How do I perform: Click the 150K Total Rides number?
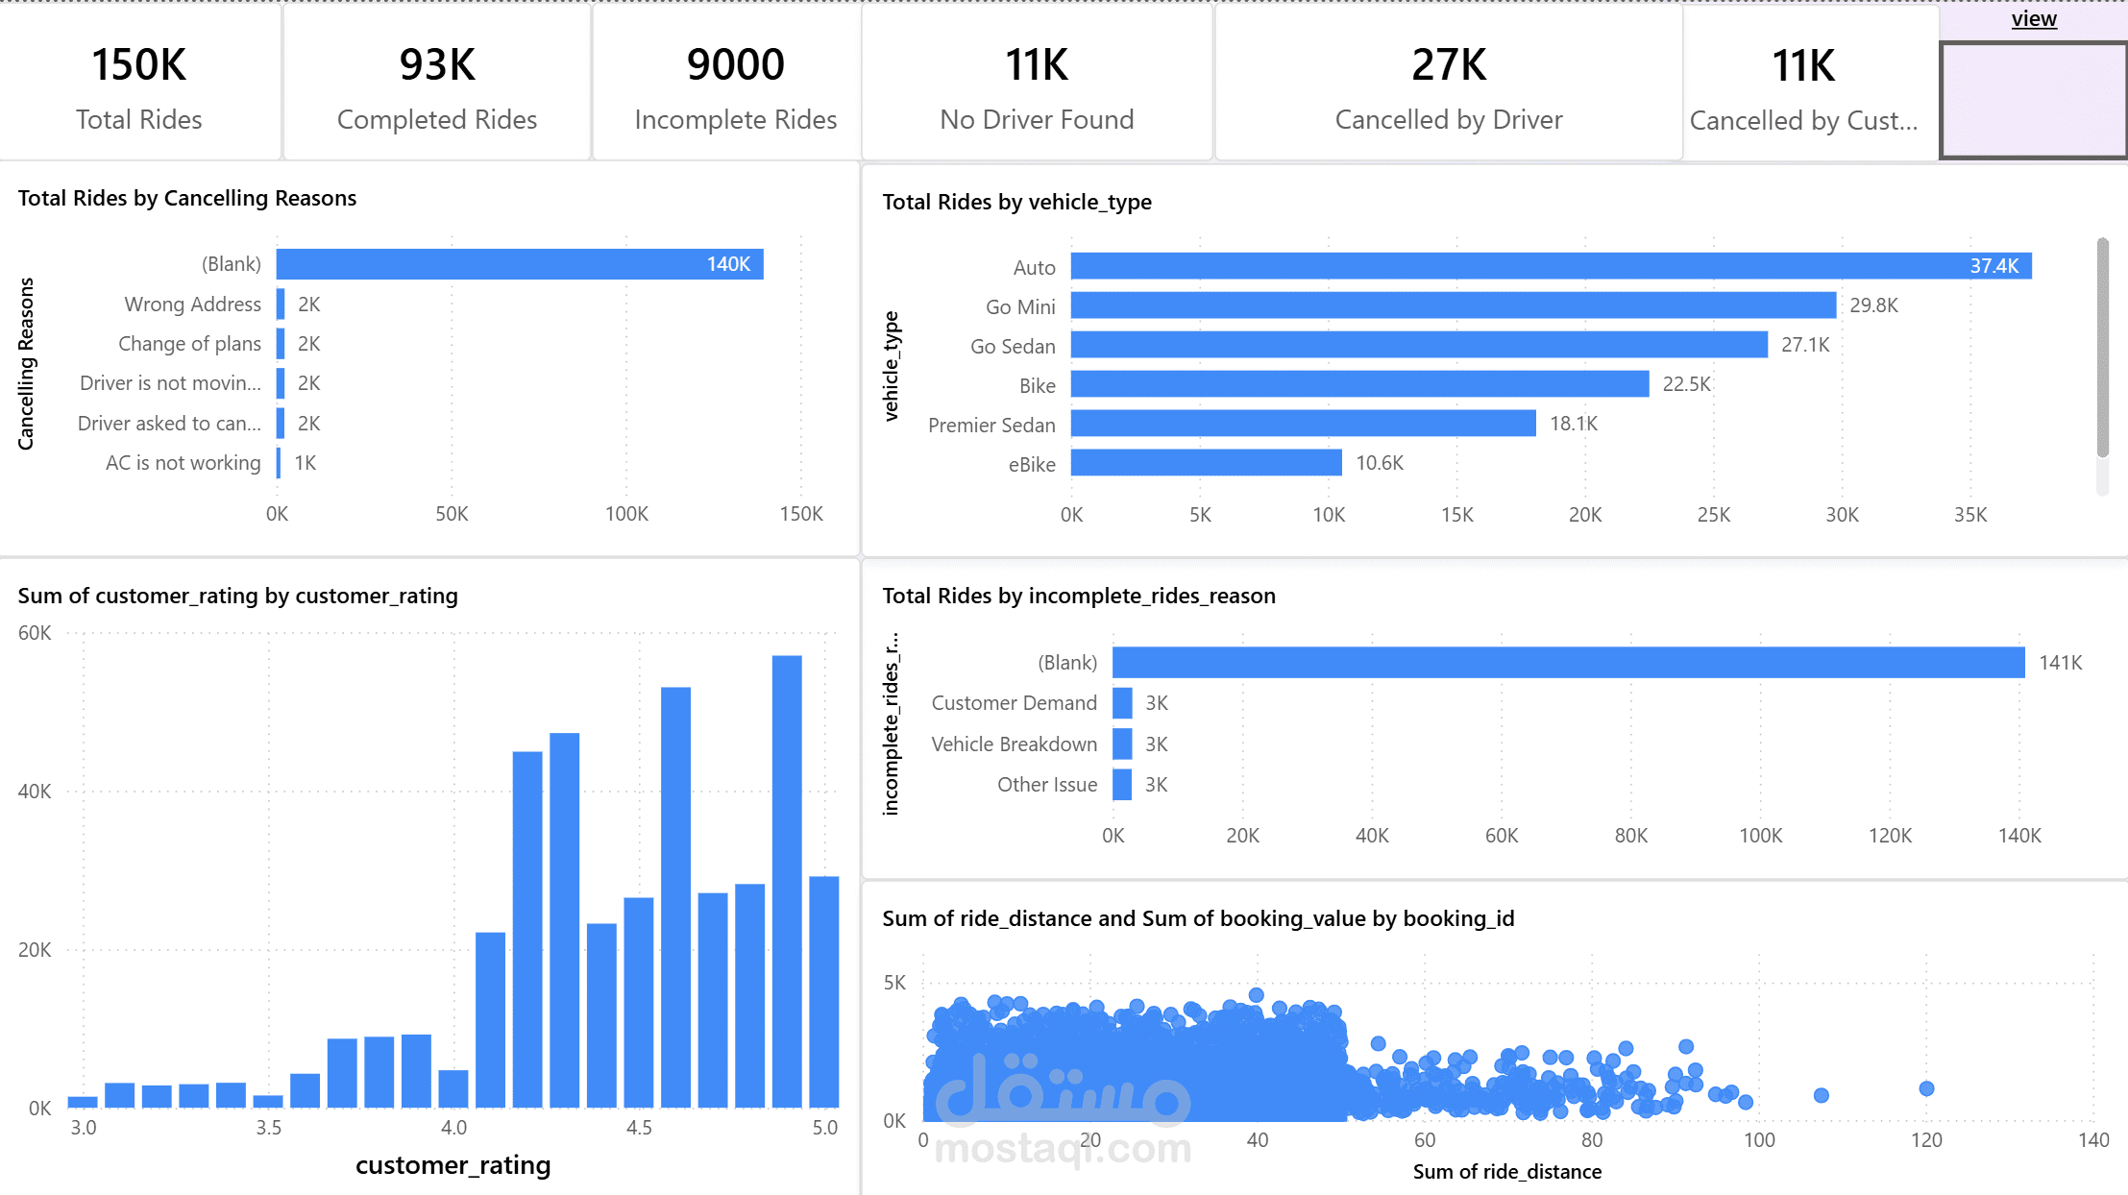click(138, 65)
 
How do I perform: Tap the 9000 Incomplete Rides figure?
click(735, 65)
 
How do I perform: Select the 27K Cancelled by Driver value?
click(1448, 65)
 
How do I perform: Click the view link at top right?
click(2034, 19)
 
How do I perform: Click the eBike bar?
click(1206, 463)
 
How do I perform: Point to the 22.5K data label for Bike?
click(1686, 384)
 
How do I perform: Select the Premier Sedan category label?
click(991, 425)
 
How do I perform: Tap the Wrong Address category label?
click(192, 305)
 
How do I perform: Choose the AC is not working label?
click(183, 463)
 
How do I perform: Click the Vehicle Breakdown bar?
click(1122, 744)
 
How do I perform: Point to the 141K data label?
click(2061, 663)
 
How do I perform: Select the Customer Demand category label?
click(1014, 703)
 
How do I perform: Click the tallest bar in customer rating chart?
click(787, 881)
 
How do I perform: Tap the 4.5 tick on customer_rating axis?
click(639, 1128)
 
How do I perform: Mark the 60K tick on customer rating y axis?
click(35, 633)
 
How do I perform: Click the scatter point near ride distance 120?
click(1926, 1088)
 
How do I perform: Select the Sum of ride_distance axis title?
click(1506, 1172)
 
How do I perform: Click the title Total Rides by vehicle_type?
click(1016, 202)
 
